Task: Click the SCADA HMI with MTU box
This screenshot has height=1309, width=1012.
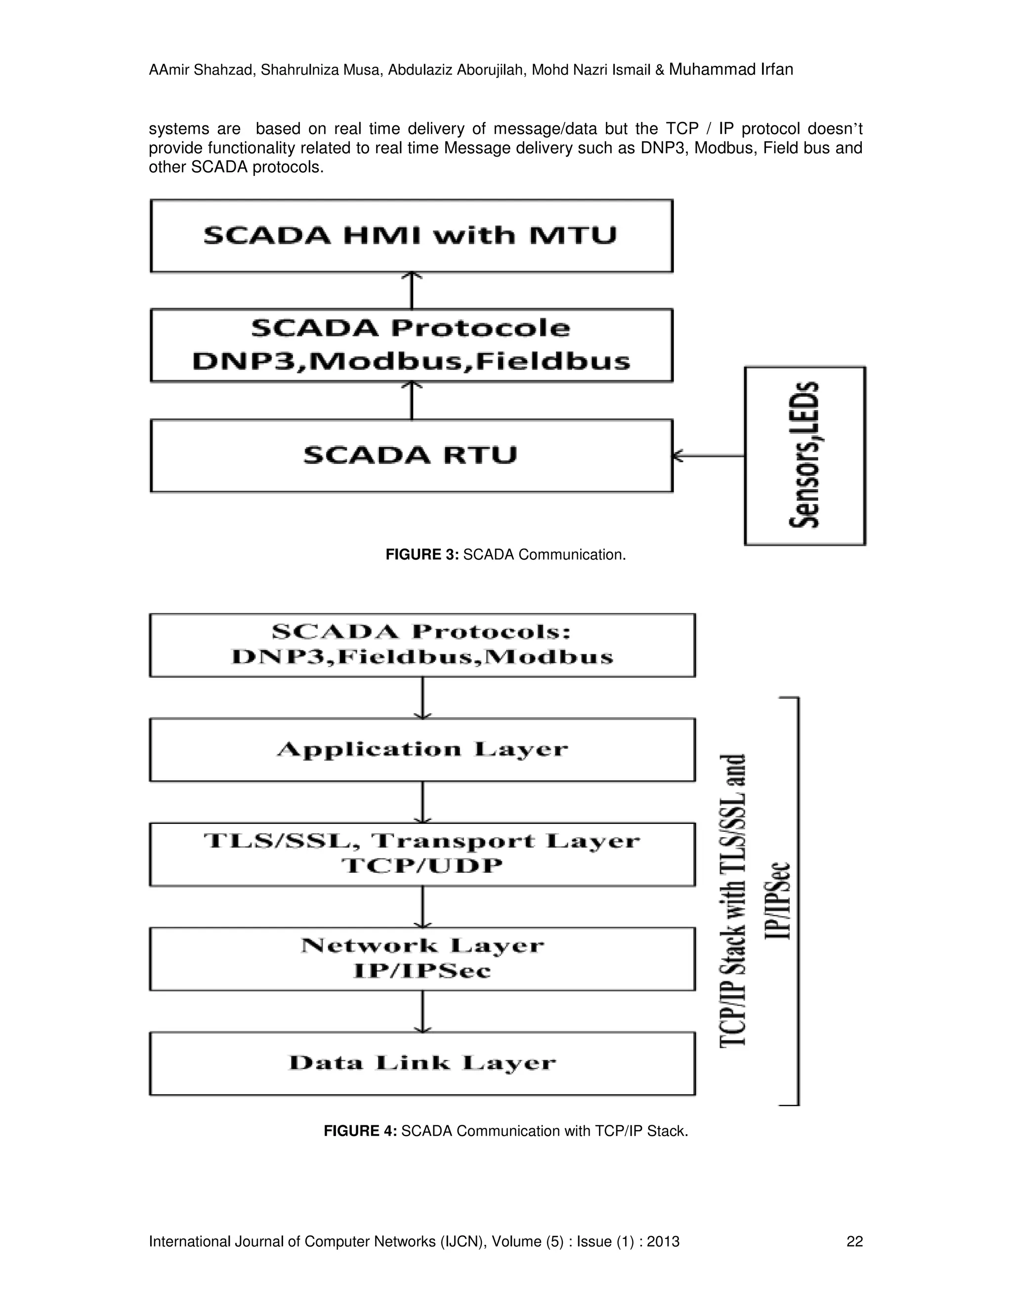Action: [411, 236]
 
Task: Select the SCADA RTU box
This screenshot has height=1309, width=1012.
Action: [411, 455]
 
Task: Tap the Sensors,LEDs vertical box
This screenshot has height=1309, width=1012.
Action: [804, 455]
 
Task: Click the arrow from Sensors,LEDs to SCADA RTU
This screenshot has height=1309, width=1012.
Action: [709, 456]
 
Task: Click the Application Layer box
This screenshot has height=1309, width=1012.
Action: [422, 750]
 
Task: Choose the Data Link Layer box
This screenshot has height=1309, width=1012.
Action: [422, 1064]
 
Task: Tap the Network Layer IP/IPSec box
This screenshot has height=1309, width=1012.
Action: [422, 958]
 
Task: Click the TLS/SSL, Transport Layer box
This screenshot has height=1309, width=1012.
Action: [422, 854]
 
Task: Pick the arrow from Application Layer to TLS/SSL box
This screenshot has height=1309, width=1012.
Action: [423, 802]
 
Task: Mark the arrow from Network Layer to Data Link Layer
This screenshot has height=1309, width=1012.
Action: [423, 1011]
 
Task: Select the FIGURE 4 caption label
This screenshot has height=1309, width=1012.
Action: [360, 1131]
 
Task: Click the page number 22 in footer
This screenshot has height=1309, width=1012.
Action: [854, 1241]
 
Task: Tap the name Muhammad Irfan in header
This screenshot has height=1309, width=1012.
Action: [731, 70]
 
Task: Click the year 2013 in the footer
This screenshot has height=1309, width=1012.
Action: [663, 1241]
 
